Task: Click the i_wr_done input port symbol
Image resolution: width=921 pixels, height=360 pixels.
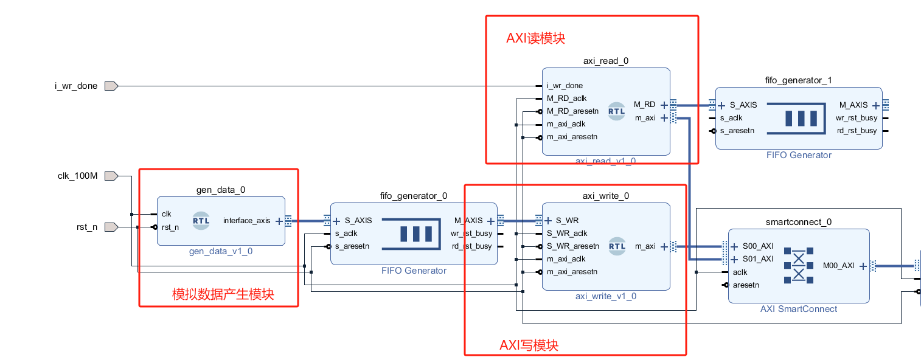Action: pyautogui.click(x=110, y=86)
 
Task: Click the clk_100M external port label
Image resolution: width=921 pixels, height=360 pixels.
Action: pyautogui.click(x=77, y=176)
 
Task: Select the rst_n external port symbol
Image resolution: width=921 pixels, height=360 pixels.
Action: pyautogui.click(x=110, y=227)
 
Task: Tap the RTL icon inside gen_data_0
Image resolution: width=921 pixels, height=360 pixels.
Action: pyautogui.click(x=201, y=221)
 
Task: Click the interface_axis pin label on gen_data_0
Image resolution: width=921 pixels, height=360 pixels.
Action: pyautogui.click(x=246, y=221)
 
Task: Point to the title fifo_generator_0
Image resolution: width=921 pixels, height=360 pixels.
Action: pyautogui.click(x=413, y=196)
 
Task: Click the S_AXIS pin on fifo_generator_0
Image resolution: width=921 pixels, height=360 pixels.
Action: pyautogui.click(x=358, y=221)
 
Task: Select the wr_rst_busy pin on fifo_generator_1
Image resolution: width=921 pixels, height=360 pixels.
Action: pyautogui.click(x=856, y=118)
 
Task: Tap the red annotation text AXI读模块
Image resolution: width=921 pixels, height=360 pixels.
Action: pyautogui.click(x=535, y=38)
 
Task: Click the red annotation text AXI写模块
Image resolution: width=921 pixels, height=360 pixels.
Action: pyautogui.click(x=529, y=345)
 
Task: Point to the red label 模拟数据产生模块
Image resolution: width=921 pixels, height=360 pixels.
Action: pyautogui.click(x=223, y=295)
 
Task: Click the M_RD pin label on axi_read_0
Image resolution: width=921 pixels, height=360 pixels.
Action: pyautogui.click(x=644, y=104)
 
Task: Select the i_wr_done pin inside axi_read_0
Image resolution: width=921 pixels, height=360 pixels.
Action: pyautogui.click(x=565, y=86)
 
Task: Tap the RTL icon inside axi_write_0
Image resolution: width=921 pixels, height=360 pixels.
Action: pyautogui.click(x=617, y=246)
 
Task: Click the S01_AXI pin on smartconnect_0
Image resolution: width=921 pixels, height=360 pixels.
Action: pyautogui.click(x=757, y=259)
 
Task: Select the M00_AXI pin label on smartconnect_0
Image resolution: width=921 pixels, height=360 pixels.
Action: pyautogui.click(x=838, y=266)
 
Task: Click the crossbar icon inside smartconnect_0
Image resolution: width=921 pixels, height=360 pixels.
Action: pyautogui.click(x=798, y=265)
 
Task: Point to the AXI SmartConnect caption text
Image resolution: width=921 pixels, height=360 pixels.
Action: pyautogui.click(x=798, y=309)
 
